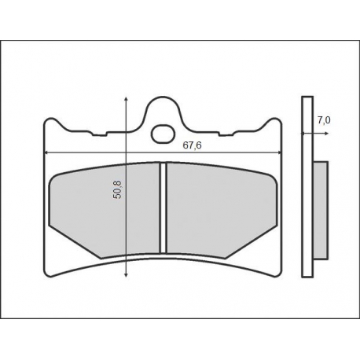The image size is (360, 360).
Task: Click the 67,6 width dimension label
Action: tap(192, 145)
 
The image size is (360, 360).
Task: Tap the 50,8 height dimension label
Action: tap(118, 189)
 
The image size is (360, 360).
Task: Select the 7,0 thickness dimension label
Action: tap(324, 120)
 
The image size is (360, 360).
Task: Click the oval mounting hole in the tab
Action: tap(163, 134)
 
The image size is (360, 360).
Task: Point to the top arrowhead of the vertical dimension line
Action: tap(126, 99)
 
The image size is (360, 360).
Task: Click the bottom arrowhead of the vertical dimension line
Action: tap(126, 274)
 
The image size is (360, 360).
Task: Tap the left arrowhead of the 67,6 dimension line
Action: tap(46, 152)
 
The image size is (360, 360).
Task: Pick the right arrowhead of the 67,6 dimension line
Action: tap(279, 152)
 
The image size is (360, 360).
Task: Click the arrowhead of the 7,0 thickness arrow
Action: tap(326, 134)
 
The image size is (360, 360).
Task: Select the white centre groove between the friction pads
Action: tap(163, 208)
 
